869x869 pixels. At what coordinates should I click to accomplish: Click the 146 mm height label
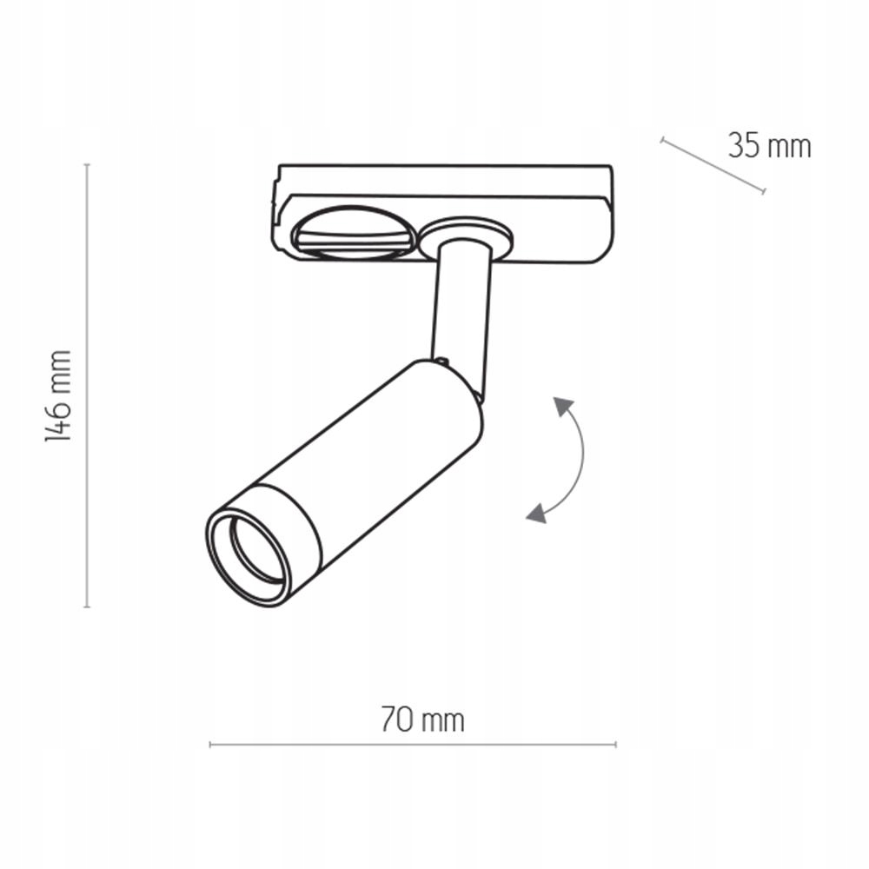pyautogui.click(x=58, y=396)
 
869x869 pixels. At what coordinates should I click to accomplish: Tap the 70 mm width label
pyautogui.click(x=422, y=720)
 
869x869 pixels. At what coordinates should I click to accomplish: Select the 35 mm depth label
pyautogui.click(x=769, y=146)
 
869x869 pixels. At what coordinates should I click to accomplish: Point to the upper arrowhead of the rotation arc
pyautogui.click(x=564, y=406)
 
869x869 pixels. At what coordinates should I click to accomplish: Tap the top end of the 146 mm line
pyautogui.click(x=87, y=164)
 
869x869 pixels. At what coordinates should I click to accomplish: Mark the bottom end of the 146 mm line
pyautogui.click(x=87, y=606)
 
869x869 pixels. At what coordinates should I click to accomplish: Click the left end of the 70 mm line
pyautogui.click(x=210, y=745)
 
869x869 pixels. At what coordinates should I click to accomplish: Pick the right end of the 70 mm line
pyautogui.click(x=615, y=745)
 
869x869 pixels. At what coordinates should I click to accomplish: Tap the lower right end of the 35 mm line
pyautogui.click(x=764, y=192)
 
